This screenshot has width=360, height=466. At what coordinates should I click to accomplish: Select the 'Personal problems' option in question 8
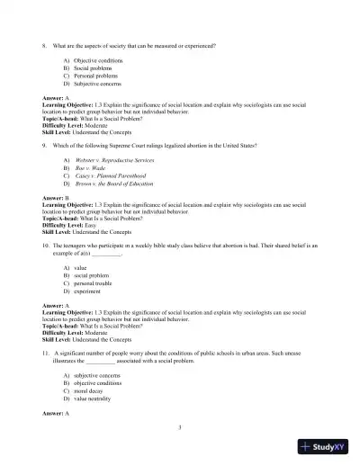95,75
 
